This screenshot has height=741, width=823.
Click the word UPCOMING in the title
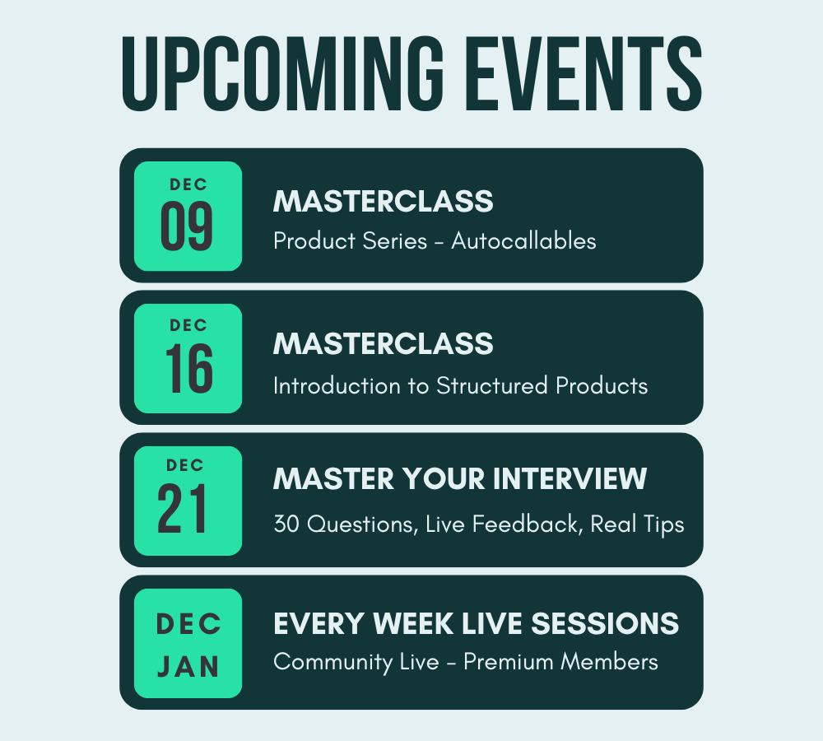(x=283, y=74)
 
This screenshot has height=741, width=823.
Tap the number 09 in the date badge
(x=187, y=226)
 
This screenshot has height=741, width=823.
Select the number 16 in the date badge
(x=189, y=369)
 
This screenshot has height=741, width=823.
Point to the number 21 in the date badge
(x=182, y=509)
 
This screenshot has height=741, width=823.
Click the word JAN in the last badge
(x=188, y=667)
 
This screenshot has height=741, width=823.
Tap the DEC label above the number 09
(x=188, y=184)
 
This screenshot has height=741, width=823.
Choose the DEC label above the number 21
(x=184, y=465)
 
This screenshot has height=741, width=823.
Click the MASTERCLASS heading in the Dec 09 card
(x=384, y=201)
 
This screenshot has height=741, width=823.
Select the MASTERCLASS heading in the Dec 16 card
(x=384, y=343)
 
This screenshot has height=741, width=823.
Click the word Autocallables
(x=523, y=241)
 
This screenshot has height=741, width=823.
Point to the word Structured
(x=492, y=386)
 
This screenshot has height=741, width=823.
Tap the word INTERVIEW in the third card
(x=570, y=478)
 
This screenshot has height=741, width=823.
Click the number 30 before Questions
(x=286, y=524)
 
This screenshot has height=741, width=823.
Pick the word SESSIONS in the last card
(x=605, y=623)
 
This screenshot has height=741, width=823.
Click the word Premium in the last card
(x=509, y=662)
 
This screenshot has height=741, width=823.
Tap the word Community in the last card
(x=332, y=663)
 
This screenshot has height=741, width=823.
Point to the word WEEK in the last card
(x=413, y=623)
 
